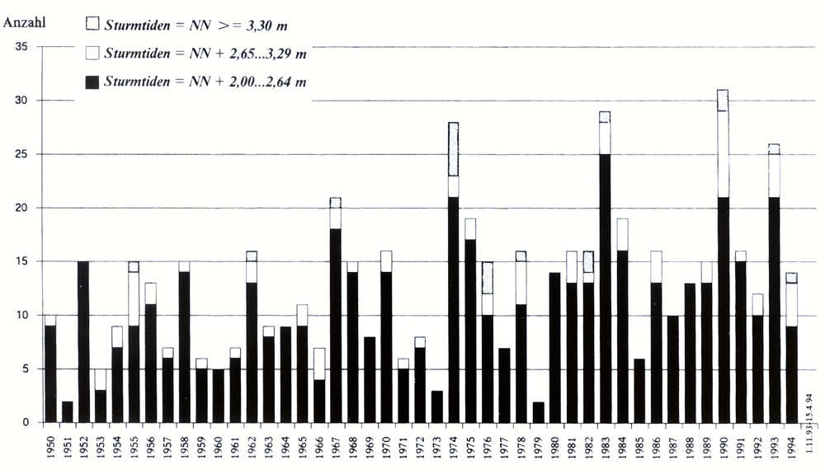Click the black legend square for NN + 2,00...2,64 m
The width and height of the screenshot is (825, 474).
92,82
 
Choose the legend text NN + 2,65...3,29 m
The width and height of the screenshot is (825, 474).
205,54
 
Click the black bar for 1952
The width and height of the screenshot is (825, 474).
84,342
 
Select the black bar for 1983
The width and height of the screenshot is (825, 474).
605,289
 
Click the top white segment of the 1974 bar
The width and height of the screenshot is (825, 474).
453,149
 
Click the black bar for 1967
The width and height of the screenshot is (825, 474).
336,326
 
